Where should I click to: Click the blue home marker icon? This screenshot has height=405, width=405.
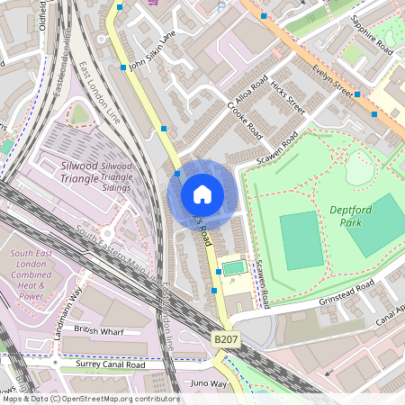202,193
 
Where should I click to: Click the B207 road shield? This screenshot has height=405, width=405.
226,338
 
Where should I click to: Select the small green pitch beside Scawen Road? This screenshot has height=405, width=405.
233,267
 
